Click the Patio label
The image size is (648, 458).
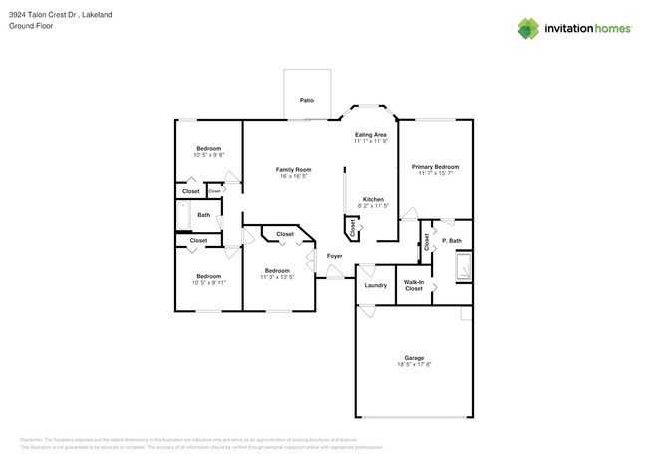click(x=306, y=100)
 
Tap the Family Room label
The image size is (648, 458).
click(x=293, y=170)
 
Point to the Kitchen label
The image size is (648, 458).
click(x=373, y=199)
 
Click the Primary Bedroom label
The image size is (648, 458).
click(x=435, y=167)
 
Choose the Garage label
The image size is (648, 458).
click(x=414, y=358)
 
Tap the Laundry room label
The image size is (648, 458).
click(x=375, y=285)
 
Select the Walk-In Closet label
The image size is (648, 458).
click(x=414, y=285)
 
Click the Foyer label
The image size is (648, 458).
click(x=335, y=256)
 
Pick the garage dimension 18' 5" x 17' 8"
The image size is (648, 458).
click(x=414, y=365)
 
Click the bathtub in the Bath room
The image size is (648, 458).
click(x=183, y=215)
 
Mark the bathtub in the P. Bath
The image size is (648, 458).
click(x=463, y=267)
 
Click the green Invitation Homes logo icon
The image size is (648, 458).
click(x=528, y=29)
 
